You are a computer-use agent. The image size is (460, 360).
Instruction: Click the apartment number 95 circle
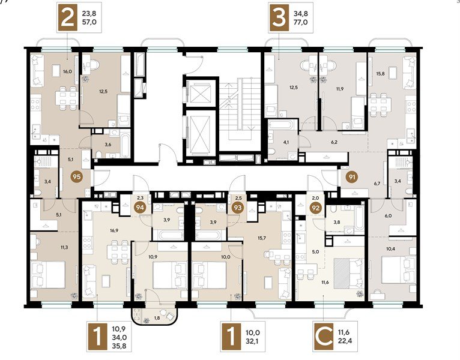[x=76, y=177]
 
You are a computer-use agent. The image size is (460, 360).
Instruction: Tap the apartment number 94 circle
[x=141, y=208]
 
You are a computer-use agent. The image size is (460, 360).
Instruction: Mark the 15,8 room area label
[x=380, y=75]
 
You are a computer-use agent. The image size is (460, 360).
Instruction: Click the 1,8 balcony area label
[x=157, y=317]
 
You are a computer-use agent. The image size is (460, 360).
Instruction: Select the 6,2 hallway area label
[x=334, y=143]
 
